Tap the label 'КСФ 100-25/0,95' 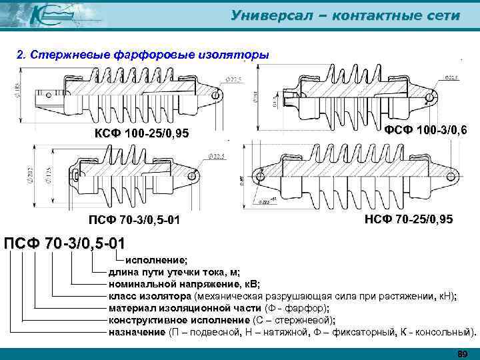pos(142,135)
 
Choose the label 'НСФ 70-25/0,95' pos(408,219)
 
